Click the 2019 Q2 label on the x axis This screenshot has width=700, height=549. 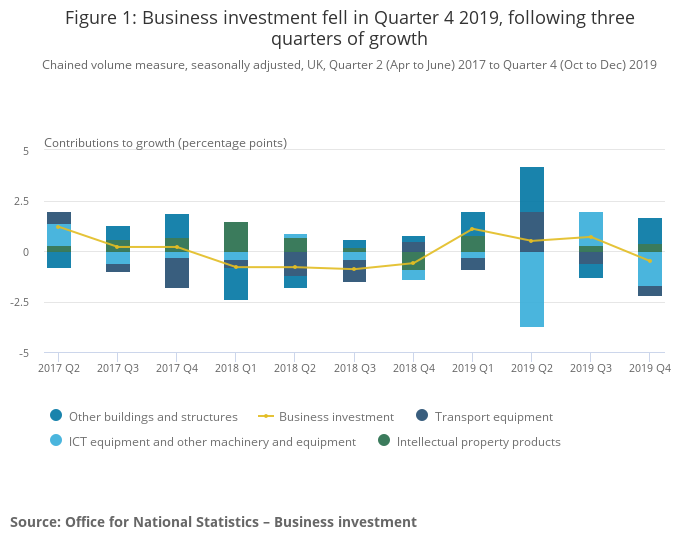pos(531,368)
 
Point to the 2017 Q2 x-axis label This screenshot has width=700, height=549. pos(59,368)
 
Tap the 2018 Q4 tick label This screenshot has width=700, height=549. pos(413,368)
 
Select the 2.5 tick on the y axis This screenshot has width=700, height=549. pos(21,201)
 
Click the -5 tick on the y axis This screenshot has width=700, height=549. pos(25,353)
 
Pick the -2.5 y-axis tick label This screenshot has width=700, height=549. pos(19,302)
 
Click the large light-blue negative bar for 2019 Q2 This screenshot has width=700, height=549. pos(531,289)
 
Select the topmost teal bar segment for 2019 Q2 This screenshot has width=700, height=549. pos(531,189)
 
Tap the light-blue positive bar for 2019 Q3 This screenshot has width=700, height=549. pos(590,228)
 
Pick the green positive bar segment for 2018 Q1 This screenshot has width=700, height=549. pos(236,237)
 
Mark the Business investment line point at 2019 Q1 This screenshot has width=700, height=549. pos(472,229)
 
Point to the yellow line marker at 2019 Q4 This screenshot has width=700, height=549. pos(649,261)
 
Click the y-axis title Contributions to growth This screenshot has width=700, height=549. pos(165,142)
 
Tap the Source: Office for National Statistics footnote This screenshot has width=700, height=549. pos(213,522)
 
